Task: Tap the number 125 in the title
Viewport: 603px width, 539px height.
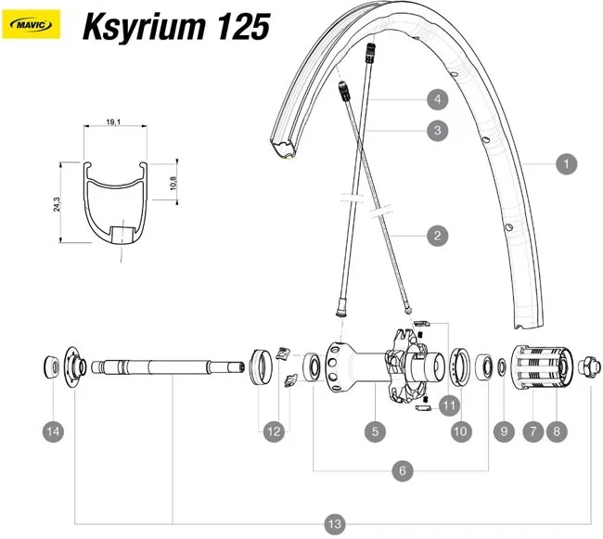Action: click(x=242, y=27)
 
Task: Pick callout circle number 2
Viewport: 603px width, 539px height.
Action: click(x=436, y=236)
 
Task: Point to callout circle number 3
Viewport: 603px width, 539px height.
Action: click(x=436, y=131)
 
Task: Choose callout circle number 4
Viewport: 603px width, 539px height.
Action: click(x=436, y=98)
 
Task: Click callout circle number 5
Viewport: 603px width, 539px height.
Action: click(x=374, y=430)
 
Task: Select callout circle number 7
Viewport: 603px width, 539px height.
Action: click(x=532, y=430)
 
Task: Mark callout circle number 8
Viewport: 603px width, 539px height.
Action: click(x=558, y=430)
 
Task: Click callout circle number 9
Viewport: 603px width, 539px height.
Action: click(x=504, y=430)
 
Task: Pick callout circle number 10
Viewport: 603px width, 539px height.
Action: click(x=460, y=430)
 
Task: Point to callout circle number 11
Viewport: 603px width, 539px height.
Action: click(x=450, y=404)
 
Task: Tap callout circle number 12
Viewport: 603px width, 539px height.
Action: click(x=273, y=430)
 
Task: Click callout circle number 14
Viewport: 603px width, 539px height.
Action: click(x=54, y=430)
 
